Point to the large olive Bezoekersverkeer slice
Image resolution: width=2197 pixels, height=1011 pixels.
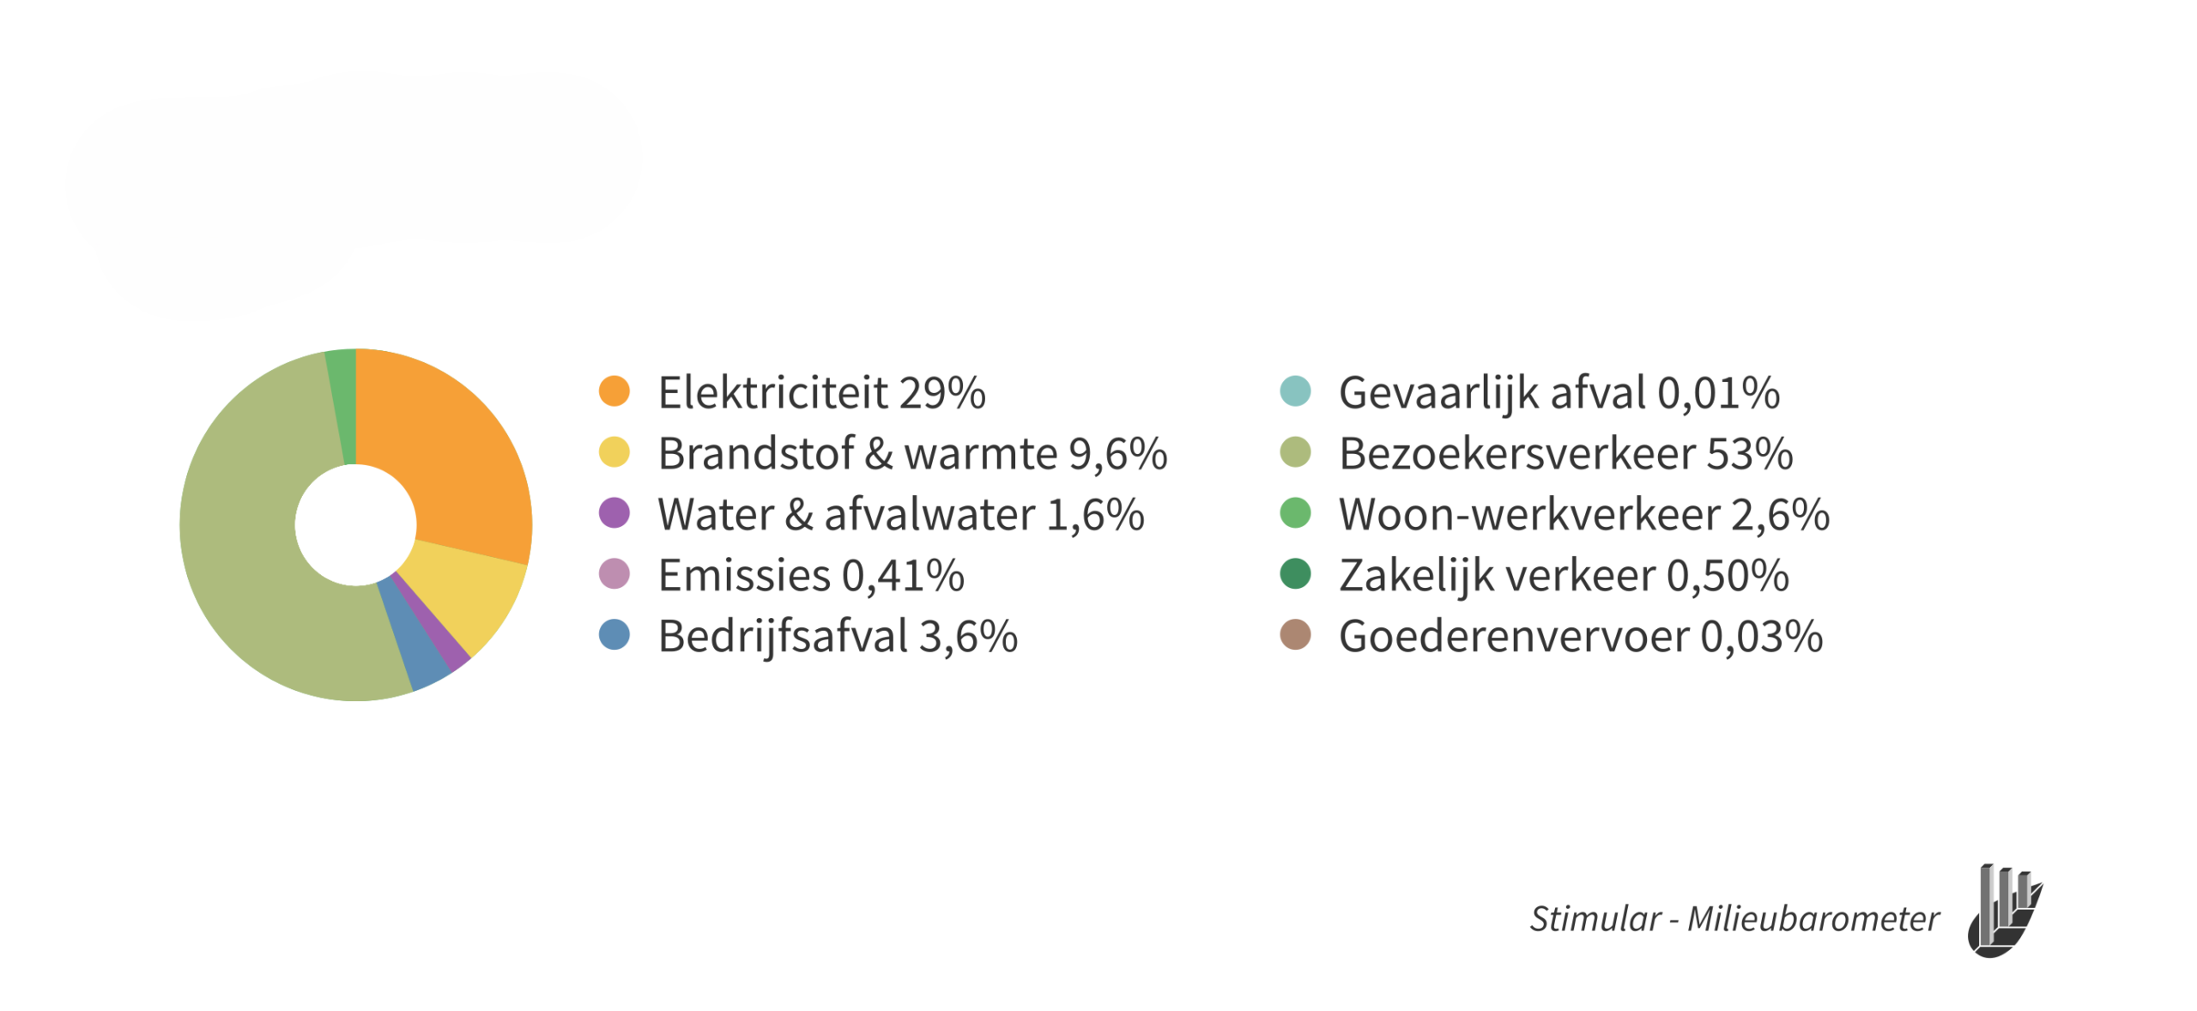click(249, 549)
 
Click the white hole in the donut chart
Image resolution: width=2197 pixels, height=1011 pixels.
click(355, 524)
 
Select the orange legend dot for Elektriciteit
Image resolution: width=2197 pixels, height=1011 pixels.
click(614, 390)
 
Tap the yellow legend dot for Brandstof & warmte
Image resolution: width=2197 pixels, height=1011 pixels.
click(614, 451)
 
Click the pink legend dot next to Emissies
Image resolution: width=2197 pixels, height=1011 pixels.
click(614, 573)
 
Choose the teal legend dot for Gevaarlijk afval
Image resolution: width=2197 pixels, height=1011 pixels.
click(1294, 390)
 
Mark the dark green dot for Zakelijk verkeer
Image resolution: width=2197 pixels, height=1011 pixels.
click(1294, 573)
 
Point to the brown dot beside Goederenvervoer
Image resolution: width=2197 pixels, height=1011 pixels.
click(1294, 634)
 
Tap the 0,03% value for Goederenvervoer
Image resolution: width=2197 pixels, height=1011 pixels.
click(1761, 637)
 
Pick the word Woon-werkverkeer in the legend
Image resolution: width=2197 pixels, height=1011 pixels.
click(1529, 514)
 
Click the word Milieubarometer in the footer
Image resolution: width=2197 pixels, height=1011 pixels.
click(1813, 918)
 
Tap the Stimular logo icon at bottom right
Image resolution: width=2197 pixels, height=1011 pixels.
click(2004, 910)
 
